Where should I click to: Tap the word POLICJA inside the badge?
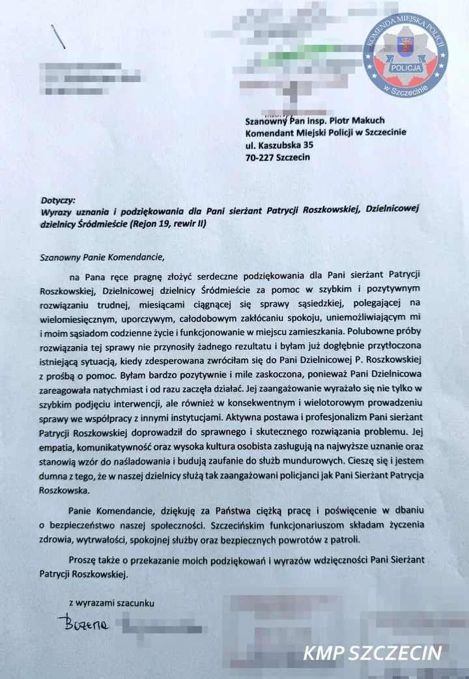(x=405, y=68)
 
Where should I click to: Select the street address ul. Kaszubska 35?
(x=281, y=145)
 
